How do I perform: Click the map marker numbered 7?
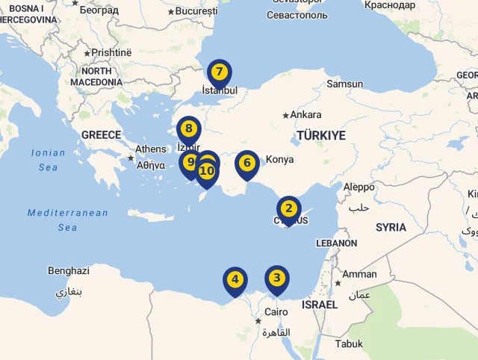pos(219,73)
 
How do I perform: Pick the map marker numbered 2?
pos(289,210)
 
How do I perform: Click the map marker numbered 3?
pos(277,279)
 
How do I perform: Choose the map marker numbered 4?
pos(235,281)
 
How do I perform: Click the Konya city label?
pos(279,160)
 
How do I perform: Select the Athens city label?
pos(151,149)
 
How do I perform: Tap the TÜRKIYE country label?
pos(320,135)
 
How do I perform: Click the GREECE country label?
pos(101,135)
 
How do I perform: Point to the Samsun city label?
pos(344,84)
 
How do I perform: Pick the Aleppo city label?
pos(358,187)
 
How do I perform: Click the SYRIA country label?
pos(391,227)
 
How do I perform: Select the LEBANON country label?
pos(336,243)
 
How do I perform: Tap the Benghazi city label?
pos(68,271)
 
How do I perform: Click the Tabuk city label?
pos(349,344)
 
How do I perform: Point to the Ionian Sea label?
pos(48,160)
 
